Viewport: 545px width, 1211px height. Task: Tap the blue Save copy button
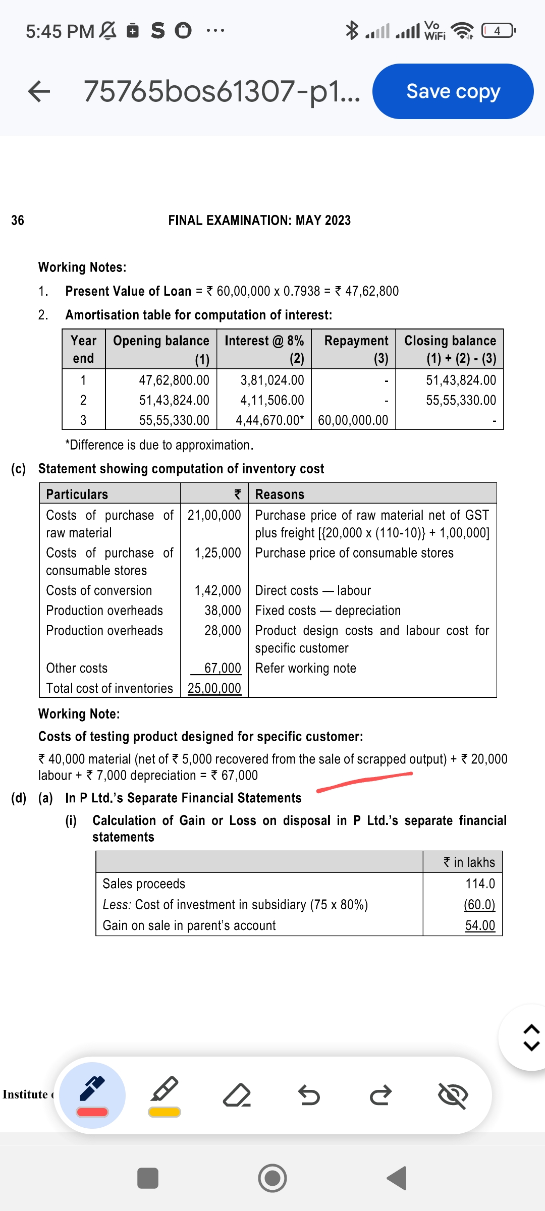(453, 91)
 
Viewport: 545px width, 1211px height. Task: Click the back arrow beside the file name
(39, 91)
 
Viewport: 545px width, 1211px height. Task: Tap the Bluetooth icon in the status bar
(352, 30)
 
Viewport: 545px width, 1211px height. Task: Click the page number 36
(18, 220)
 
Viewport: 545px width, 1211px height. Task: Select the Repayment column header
(356, 341)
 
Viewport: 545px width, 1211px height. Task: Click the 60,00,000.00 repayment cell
(353, 420)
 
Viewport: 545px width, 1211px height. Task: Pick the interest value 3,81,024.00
(272, 380)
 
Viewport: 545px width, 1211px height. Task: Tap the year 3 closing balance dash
(494, 421)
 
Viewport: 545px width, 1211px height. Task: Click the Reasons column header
(280, 494)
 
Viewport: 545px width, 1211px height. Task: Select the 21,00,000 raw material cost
(214, 515)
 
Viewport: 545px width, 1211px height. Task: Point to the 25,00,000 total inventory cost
(214, 688)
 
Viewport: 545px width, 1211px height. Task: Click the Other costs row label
(77, 668)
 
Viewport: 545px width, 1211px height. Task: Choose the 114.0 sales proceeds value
(480, 884)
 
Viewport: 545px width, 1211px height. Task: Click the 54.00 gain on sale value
(480, 925)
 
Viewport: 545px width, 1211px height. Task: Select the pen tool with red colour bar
(92, 1095)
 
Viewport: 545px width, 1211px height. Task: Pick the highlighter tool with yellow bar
(165, 1095)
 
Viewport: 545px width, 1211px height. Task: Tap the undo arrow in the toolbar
(308, 1095)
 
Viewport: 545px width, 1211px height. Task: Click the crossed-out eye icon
(453, 1095)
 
